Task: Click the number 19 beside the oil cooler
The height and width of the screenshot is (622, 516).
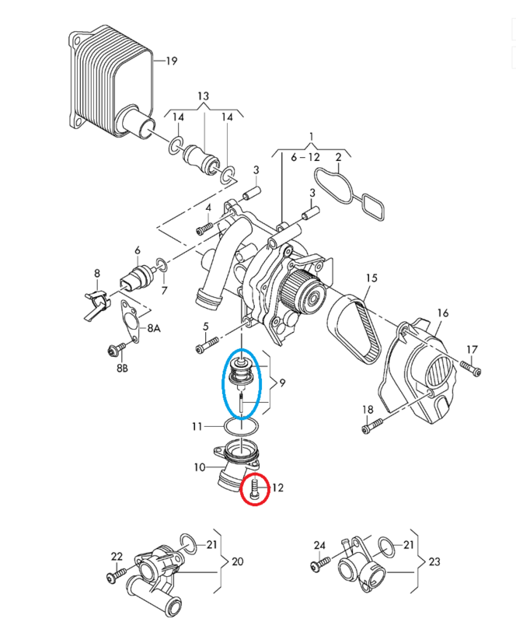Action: tap(171, 61)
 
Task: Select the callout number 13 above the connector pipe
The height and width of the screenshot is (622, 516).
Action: tap(203, 96)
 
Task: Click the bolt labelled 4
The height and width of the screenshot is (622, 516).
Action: tap(204, 229)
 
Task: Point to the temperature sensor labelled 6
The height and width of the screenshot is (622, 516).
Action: tap(137, 276)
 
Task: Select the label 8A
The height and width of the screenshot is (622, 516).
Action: tap(154, 328)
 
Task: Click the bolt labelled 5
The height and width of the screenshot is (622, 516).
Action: tap(207, 344)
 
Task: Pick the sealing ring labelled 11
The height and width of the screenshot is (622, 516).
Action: tap(242, 427)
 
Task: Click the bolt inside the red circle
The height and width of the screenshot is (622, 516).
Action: tap(254, 488)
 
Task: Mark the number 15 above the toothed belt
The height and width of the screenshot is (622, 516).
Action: tap(371, 278)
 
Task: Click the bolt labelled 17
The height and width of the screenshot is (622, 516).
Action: tap(471, 367)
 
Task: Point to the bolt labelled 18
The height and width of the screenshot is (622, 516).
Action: tap(372, 425)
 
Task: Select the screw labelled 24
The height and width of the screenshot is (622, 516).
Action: tap(320, 564)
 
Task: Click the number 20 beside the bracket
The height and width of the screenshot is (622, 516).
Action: tap(238, 561)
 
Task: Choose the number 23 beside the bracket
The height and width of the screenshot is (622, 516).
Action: tap(434, 561)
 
